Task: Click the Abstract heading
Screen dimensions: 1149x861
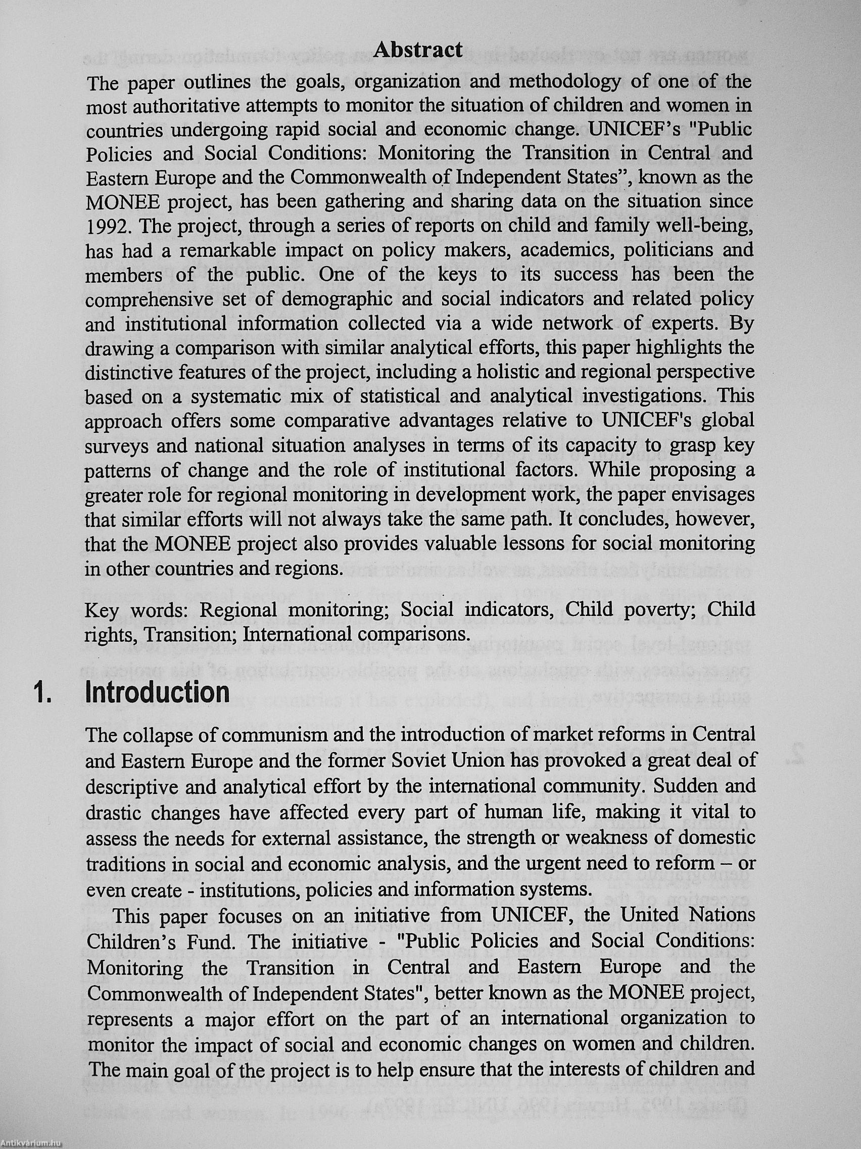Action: [x=418, y=50]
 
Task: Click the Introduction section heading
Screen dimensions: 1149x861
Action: [x=157, y=692]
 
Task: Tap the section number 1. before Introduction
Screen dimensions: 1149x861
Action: [x=43, y=693]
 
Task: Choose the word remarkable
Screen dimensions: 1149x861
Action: [x=224, y=250]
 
